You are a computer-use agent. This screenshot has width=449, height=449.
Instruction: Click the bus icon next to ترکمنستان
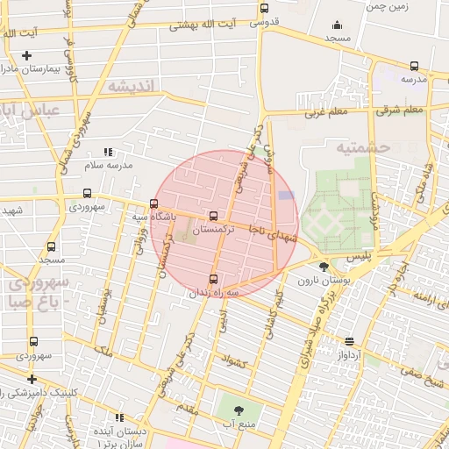pyautogui.click(x=213, y=216)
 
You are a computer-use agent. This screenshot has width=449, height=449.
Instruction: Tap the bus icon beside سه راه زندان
pyautogui.click(x=214, y=279)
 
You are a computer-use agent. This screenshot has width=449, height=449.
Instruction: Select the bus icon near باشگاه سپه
pyautogui.click(x=154, y=203)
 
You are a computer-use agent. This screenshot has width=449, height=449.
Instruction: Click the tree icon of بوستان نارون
pyautogui.click(x=324, y=266)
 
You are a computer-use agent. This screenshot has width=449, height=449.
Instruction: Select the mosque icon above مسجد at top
pyautogui.click(x=336, y=25)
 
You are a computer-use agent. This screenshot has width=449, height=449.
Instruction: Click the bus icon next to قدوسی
pyautogui.click(x=264, y=9)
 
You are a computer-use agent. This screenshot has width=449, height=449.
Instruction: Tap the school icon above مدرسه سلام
pyautogui.click(x=108, y=152)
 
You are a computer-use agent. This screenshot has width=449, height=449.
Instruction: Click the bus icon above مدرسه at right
pyautogui.click(x=413, y=66)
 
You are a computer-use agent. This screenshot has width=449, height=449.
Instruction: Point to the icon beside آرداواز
pyautogui.click(x=350, y=341)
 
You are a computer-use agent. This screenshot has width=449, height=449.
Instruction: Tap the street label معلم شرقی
pyautogui.click(x=401, y=110)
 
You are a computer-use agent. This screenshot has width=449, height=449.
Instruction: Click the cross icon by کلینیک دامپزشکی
pyautogui.click(x=32, y=380)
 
